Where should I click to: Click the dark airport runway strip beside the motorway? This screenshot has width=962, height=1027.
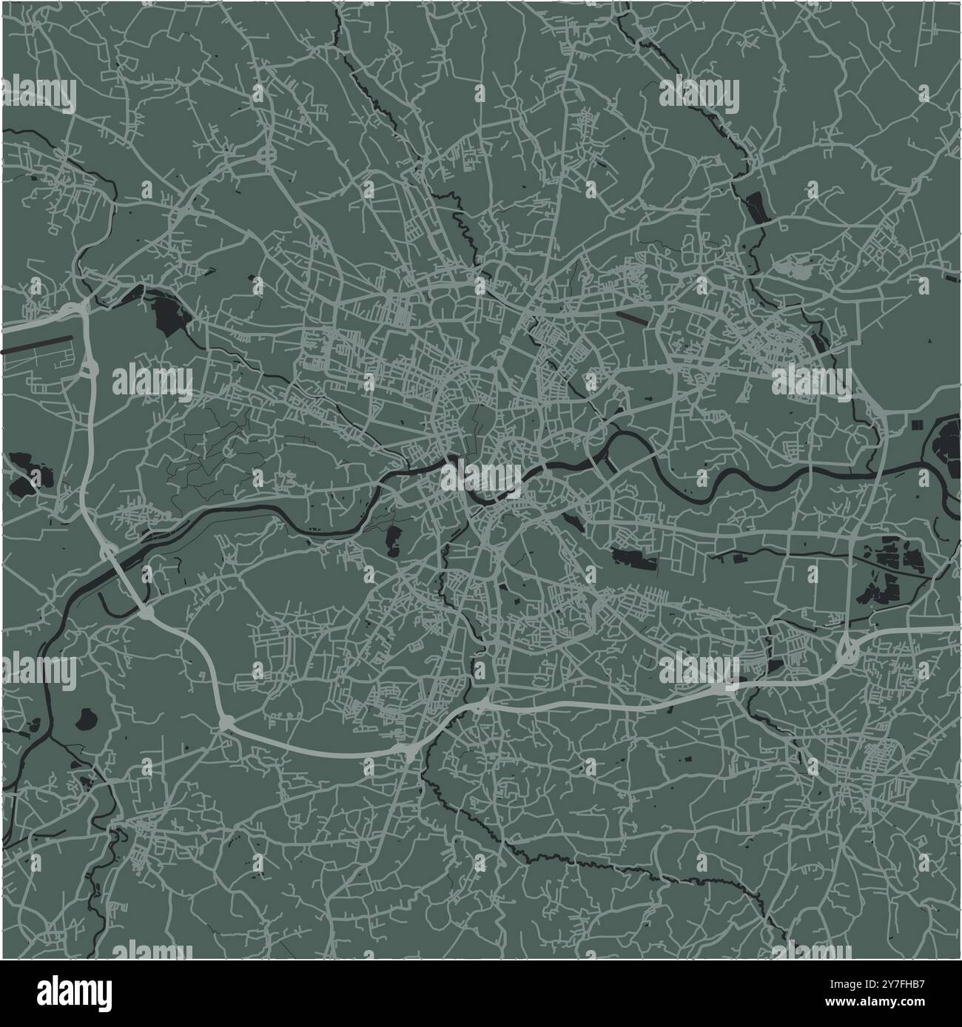pyautogui.click(x=38, y=345)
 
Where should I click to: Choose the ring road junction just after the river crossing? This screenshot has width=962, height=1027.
pyautogui.click(x=145, y=613)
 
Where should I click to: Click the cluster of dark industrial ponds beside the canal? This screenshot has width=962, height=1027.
pyautogui.click(x=888, y=573)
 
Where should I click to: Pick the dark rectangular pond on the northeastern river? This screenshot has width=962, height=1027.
pyautogui.click(x=755, y=205)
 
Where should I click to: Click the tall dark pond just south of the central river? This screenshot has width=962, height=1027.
pyautogui.click(x=391, y=540)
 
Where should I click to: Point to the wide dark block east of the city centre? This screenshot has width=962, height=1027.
pyautogui.click(x=635, y=558)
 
